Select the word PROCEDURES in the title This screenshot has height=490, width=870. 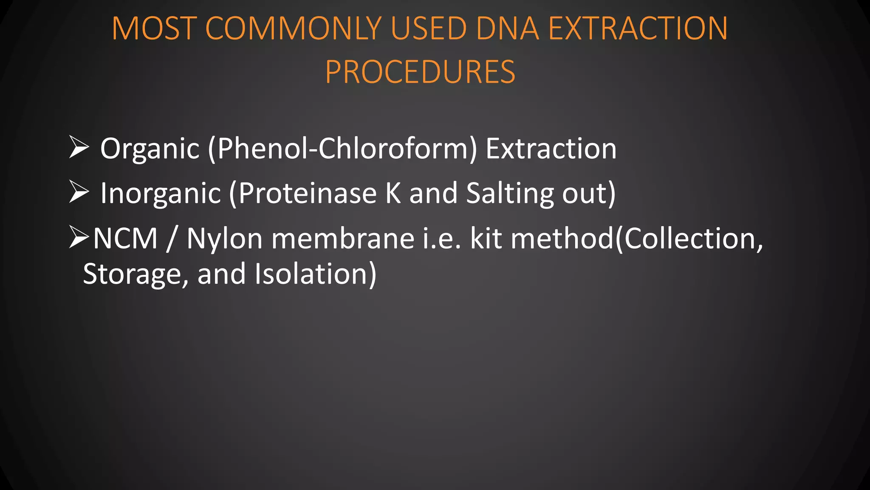[x=420, y=72]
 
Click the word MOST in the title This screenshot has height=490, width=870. [x=154, y=28]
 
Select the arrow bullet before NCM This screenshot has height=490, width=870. [x=79, y=237]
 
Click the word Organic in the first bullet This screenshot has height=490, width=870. [x=150, y=149]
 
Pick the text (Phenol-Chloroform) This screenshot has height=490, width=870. [x=342, y=149]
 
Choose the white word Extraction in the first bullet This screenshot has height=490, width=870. [x=551, y=149]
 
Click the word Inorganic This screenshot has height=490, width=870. [x=161, y=194]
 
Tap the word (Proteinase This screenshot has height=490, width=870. [x=303, y=194]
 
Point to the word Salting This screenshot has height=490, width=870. [x=510, y=194]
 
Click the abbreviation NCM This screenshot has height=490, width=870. [x=125, y=239]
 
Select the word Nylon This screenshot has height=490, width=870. [x=225, y=239]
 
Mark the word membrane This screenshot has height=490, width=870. [x=342, y=239]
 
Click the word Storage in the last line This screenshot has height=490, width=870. [x=135, y=274]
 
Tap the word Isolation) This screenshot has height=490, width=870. [x=315, y=274]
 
